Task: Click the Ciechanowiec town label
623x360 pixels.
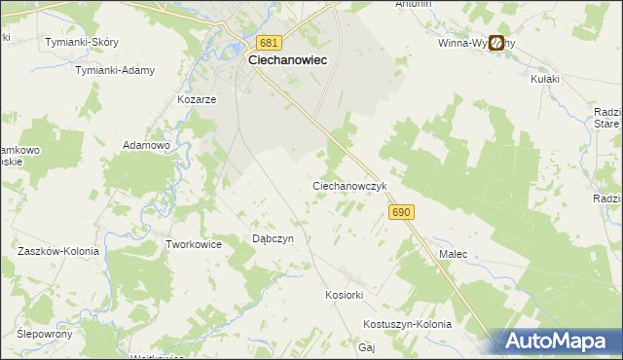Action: coord(287,59)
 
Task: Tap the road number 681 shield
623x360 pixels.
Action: coord(271,43)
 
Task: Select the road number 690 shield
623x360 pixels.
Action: coord(400,211)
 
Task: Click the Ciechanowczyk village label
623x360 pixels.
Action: coord(350,185)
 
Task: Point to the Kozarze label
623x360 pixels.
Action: coord(196,99)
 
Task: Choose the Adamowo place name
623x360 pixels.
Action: coord(146,145)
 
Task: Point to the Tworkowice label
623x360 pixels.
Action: coord(195,245)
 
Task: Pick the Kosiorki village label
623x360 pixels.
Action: coord(344,294)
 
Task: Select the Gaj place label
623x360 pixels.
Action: coord(367,347)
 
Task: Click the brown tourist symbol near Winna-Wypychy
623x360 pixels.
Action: coord(496,43)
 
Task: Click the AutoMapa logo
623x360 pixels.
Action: coord(557,341)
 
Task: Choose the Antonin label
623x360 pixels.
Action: coord(413,5)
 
